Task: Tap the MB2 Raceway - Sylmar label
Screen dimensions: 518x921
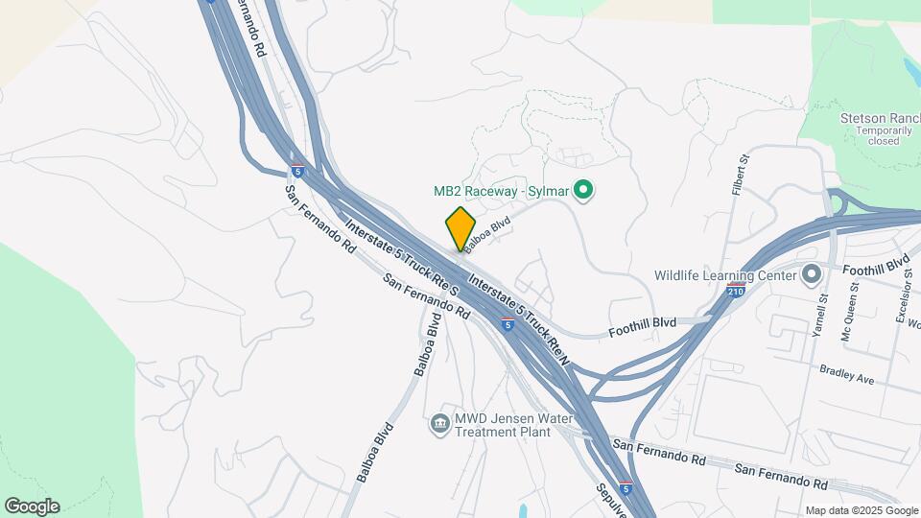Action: tap(498, 191)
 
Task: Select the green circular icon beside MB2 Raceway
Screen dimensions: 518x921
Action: tap(581, 190)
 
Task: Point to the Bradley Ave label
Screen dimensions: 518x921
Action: tap(847, 374)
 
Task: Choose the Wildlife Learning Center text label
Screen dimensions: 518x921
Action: tap(726, 275)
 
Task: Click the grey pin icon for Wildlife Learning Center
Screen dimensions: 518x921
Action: tap(812, 275)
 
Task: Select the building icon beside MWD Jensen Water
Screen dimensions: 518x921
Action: tap(440, 423)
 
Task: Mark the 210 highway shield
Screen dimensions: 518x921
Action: tap(736, 289)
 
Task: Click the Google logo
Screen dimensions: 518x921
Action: tap(32, 506)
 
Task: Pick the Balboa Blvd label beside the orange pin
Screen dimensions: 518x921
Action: tap(488, 232)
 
